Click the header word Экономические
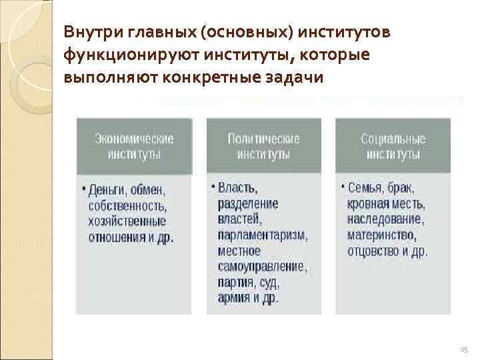[x=134, y=139]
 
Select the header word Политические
[x=263, y=139]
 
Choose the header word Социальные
[x=393, y=139]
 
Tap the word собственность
[x=128, y=205]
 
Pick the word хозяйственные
[x=127, y=221]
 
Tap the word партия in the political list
[x=235, y=282]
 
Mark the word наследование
[x=385, y=219]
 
